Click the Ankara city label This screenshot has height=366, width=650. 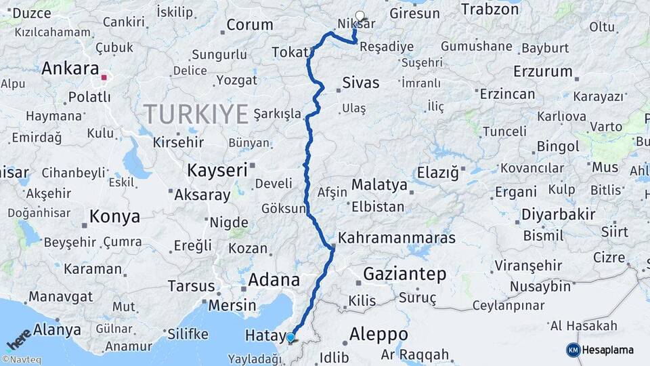(x=70, y=68)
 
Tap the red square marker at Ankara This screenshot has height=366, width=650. (x=104, y=77)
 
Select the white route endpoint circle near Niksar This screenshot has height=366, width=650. (x=360, y=16)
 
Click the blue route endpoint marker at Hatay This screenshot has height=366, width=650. (x=290, y=337)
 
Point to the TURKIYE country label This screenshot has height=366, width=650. (x=196, y=113)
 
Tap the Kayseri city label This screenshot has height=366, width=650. (x=217, y=169)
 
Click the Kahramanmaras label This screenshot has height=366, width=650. (x=396, y=239)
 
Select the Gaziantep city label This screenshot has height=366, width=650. (x=405, y=274)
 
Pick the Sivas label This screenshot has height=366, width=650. (x=361, y=83)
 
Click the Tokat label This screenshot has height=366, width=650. (x=290, y=52)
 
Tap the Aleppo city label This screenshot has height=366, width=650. (x=378, y=334)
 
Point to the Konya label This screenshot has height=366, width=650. (x=114, y=217)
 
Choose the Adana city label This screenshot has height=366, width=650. (x=274, y=280)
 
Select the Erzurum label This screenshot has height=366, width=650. (x=542, y=71)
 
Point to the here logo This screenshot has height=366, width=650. (x=18, y=339)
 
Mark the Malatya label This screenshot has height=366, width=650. (x=379, y=184)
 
